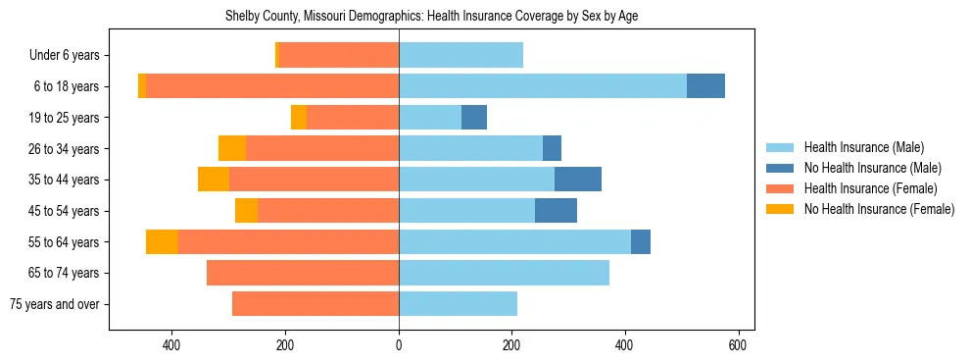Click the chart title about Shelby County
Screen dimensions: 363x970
point(431,17)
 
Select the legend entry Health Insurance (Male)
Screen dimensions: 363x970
point(862,147)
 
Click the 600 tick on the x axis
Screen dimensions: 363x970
point(738,345)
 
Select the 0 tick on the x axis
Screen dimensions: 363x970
point(399,345)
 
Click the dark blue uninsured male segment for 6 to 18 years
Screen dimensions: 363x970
point(705,86)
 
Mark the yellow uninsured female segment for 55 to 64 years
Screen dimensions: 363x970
point(162,241)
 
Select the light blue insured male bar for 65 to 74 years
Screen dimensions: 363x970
point(504,273)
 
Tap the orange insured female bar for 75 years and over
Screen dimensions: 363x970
point(315,304)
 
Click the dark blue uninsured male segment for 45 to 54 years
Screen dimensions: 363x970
point(556,211)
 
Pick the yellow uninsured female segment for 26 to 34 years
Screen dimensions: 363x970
point(232,148)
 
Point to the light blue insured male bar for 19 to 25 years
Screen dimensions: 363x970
point(430,118)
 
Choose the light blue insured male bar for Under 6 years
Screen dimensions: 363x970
point(461,56)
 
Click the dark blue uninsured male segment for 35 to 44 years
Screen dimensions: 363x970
point(578,180)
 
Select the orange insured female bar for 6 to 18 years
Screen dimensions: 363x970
point(272,86)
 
